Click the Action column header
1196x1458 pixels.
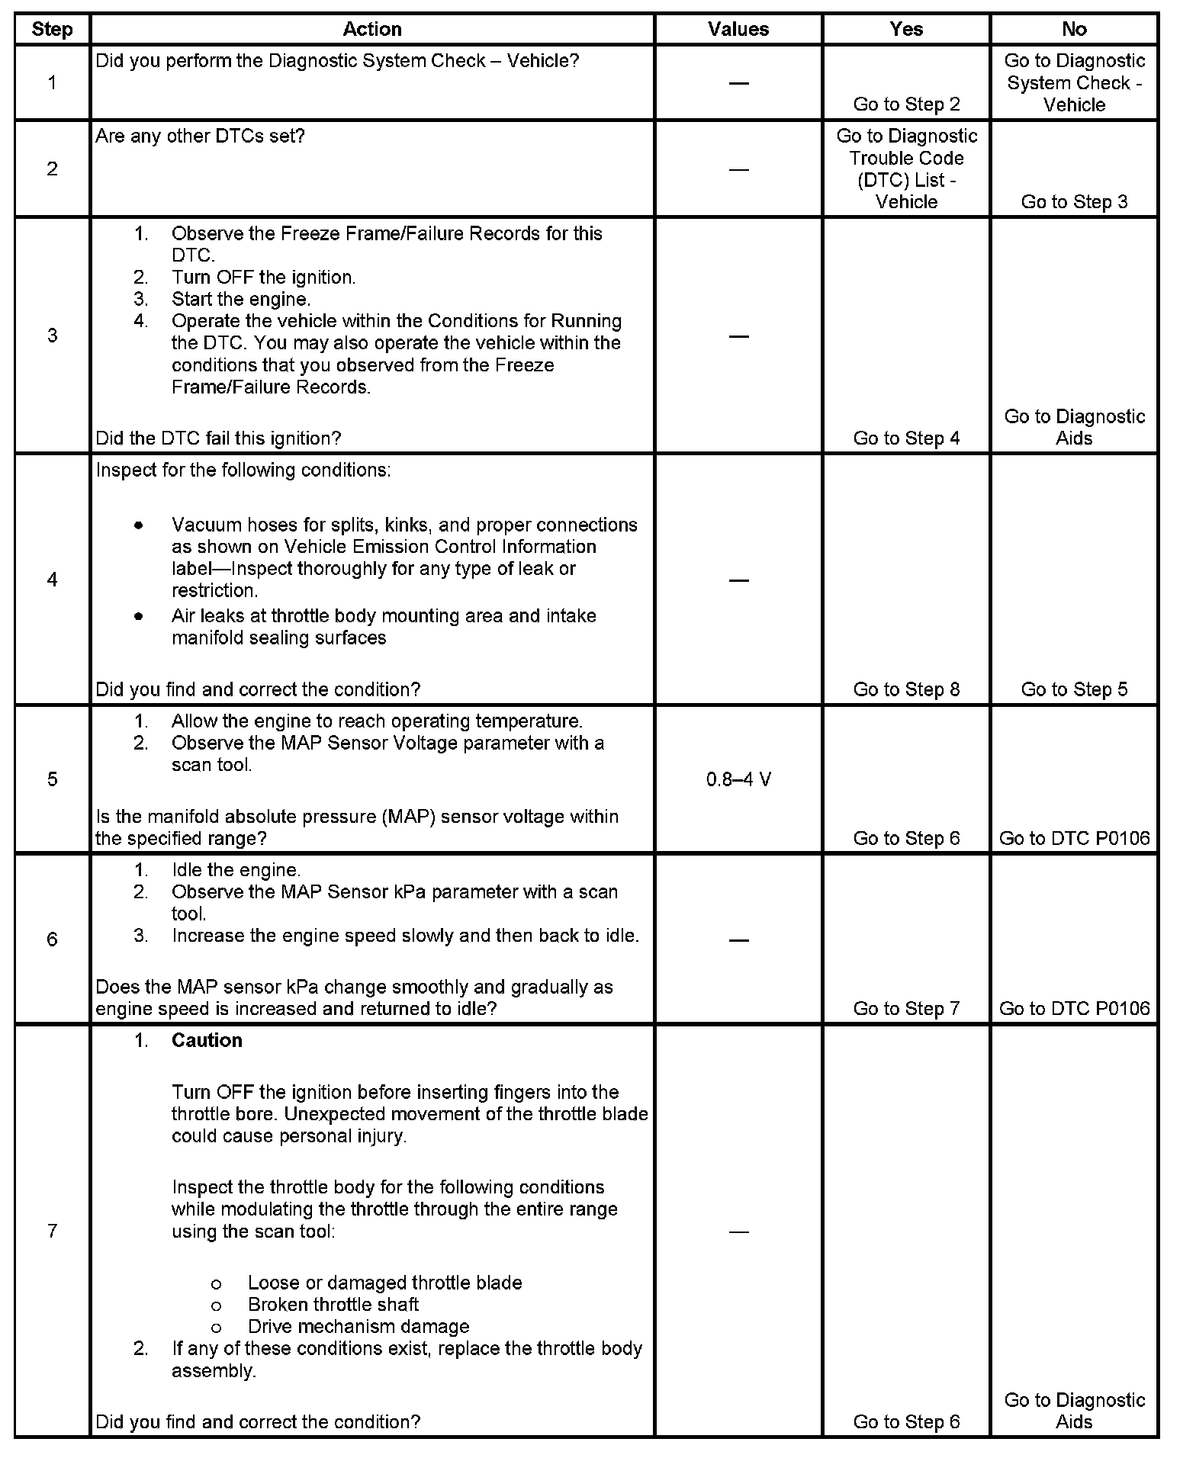(x=371, y=29)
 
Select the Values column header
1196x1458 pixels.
(x=738, y=29)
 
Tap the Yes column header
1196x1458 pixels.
(x=906, y=29)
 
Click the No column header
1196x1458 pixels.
(x=1074, y=29)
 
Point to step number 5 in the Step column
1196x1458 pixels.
(x=52, y=779)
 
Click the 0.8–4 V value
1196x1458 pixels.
(x=738, y=779)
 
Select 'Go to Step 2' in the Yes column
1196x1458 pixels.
(x=906, y=104)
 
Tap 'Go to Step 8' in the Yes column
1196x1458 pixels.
(x=906, y=689)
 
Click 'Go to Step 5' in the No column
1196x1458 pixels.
(x=1074, y=689)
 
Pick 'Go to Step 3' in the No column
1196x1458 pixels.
(x=1074, y=202)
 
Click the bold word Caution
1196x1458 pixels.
(x=207, y=1041)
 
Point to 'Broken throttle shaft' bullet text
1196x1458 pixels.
(x=333, y=1305)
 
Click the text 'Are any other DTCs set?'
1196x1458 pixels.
(x=200, y=136)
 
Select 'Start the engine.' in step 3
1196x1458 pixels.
(x=241, y=300)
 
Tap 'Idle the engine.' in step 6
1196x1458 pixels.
(x=236, y=870)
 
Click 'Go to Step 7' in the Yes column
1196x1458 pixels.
(x=906, y=1009)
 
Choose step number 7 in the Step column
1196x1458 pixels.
(x=52, y=1232)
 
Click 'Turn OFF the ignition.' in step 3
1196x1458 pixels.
(x=263, y=278)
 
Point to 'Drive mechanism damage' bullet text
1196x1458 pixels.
(x=358, y=1327)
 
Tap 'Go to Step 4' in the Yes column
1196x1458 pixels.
(x=906, y=438)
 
